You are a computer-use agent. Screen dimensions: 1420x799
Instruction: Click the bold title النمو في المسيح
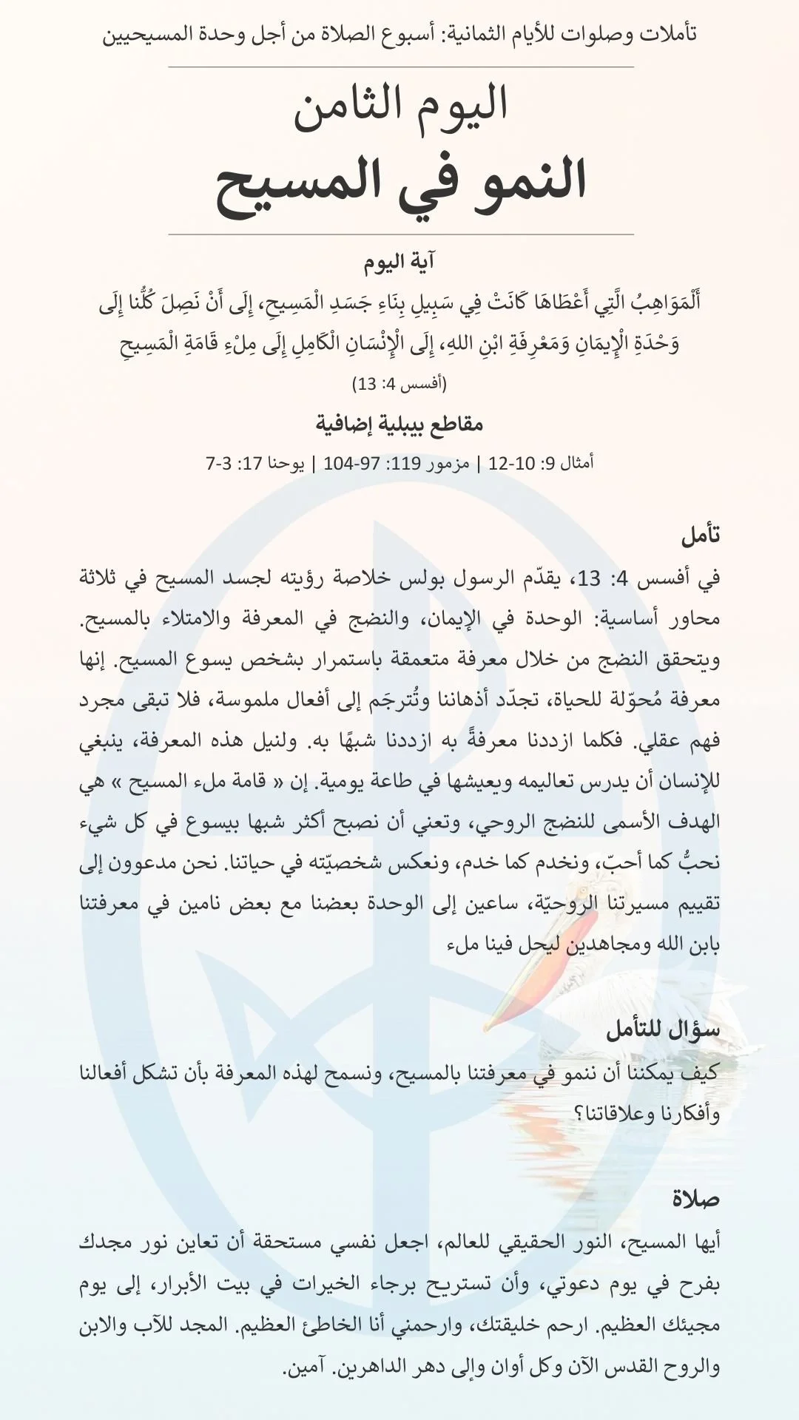400,182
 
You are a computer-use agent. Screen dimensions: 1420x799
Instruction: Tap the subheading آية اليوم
399,263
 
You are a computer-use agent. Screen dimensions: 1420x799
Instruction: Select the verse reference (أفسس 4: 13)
399,384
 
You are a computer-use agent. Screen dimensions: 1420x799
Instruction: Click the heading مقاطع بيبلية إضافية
399,425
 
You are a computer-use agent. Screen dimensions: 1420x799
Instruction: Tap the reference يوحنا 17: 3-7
255,464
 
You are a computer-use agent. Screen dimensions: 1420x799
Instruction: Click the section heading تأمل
700,535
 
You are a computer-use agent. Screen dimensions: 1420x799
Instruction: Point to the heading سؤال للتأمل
663,1029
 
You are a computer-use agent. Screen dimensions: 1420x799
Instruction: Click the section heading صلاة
696,1198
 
